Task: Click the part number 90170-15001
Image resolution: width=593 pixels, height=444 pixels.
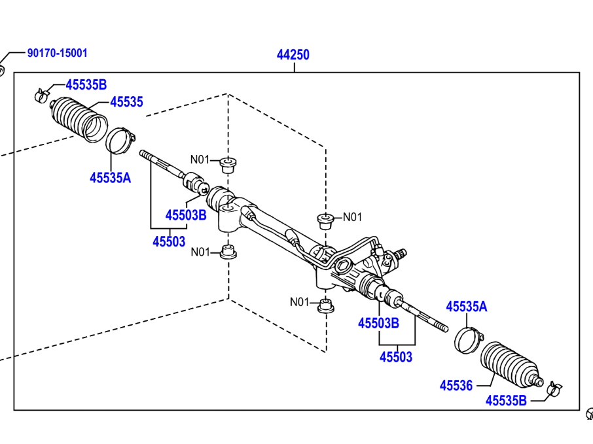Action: pos(57,53)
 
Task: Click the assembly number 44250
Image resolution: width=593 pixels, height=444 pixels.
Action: pos(293,55)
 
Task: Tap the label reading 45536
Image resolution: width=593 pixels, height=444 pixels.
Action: pos(456,385)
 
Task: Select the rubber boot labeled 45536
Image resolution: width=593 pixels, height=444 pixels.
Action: pos(511,367)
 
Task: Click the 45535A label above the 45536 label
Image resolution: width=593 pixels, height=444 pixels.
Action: pos(467,306)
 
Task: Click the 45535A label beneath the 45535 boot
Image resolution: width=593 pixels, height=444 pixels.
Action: pos(110,177)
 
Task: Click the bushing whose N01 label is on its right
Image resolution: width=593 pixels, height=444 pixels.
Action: pos(325,219)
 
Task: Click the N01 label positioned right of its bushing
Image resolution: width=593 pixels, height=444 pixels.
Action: pos(352,217)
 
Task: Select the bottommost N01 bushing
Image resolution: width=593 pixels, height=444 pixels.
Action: pos(325,305)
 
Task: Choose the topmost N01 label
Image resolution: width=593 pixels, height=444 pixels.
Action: pos(200,159)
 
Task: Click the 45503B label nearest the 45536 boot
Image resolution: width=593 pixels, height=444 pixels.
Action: pos(378,323)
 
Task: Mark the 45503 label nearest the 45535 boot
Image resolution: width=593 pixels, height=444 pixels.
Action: pos(169,241)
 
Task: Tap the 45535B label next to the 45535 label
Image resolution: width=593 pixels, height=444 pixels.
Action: pos(86,84)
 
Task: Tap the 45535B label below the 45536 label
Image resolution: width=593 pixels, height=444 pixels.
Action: pos(506,401)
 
